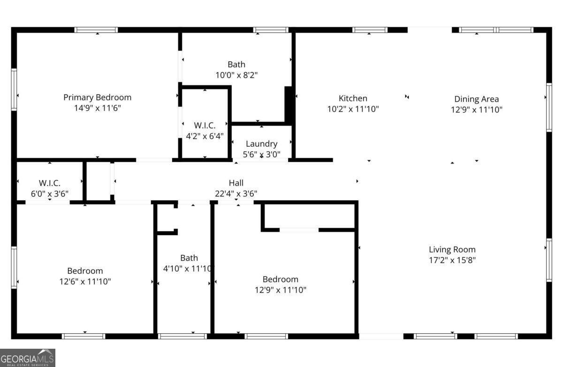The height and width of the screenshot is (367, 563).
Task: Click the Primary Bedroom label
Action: [x=97, y=97]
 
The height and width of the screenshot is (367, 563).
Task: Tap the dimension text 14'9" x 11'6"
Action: [x=97, y=108]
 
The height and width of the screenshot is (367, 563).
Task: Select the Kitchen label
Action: [x=353, y=98]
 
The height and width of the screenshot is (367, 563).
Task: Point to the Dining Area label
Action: [x=476, y=99]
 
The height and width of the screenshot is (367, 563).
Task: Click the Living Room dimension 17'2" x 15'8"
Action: [x=452, y=260]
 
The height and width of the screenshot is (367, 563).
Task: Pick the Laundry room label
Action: [x=261, y=144]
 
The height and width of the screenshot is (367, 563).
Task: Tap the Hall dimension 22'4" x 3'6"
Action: [x=236, y=193]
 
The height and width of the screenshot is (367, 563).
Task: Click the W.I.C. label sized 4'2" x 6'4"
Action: [x=205, y=126]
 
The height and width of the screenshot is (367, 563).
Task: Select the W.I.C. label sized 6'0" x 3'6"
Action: [x=49, y=183]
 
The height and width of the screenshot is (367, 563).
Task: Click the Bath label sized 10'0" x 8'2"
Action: [x=236, y=64]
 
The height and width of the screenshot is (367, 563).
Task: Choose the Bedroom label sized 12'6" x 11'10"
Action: [x=85, y=271]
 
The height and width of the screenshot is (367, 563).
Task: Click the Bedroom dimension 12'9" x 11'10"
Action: [x=280, y=290]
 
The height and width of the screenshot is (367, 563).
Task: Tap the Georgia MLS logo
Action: [x=28, y=358]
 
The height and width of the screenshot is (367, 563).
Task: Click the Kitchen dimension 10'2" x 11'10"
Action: [x=353, y=109]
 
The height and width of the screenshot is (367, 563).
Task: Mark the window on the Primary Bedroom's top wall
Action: [x=96, y=30]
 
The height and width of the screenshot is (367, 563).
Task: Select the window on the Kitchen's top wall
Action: [x=370, y=30]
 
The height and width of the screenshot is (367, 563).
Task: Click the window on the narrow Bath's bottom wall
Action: [x=183, y=336]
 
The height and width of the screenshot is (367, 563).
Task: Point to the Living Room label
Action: [x=452, y=249]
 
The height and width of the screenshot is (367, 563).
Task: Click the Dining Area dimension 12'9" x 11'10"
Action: [x=476, y=110]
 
